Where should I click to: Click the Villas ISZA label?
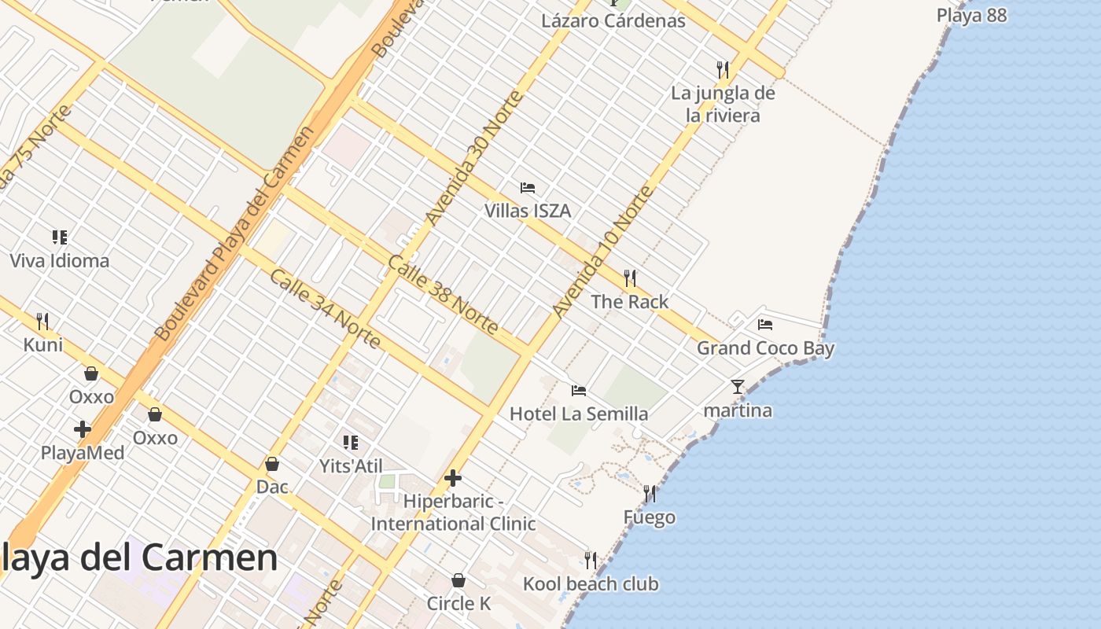527,211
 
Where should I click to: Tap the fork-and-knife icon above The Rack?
629,278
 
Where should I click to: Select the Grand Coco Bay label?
765,348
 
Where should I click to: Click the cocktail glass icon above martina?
737,386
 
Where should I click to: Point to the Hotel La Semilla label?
579,414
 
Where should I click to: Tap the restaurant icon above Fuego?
650,494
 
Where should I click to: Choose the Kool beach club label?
591,583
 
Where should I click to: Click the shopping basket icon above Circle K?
458,580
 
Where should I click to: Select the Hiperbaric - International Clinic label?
453,512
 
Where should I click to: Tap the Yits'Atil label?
351,465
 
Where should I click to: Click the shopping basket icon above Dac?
272,464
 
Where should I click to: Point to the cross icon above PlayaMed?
83,429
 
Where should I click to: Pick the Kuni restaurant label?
43,344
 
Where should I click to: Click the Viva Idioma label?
60,260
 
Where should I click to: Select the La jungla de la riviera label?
723,105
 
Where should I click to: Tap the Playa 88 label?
971,15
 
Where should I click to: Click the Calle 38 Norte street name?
443,294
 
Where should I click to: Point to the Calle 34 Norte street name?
325,309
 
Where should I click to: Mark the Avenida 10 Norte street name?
603,252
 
